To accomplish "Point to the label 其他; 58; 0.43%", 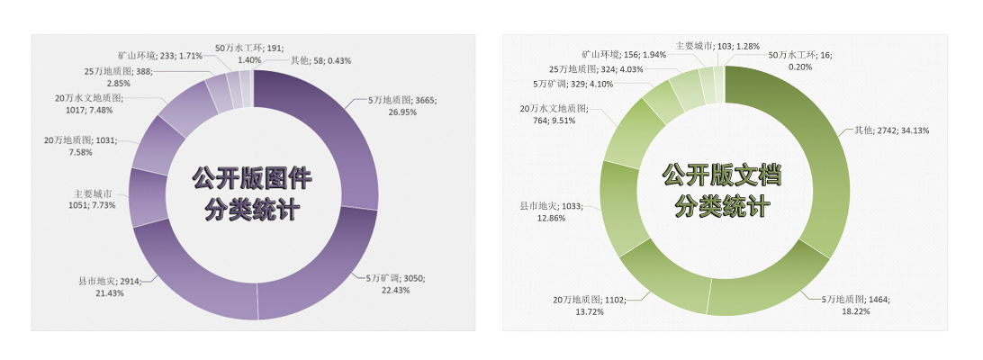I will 320,60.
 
